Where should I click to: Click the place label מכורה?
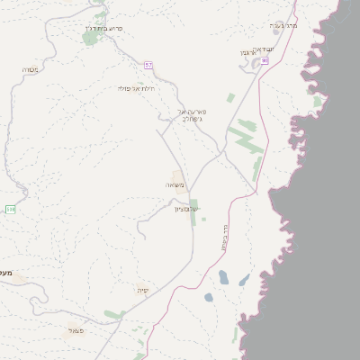[29, 68]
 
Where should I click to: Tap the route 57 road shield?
[148, 65]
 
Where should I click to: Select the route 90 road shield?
[265, 60]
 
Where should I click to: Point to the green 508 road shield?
[10, 209]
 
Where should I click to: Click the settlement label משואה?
[175, 184]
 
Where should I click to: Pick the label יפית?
[142, 290]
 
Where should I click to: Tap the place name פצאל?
[76, 330]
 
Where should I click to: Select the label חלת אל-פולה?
[137, 88]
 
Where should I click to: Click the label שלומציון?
[186, 209]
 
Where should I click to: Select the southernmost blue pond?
[209, 297]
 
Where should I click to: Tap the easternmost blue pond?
[243, 280]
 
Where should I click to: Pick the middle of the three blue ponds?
[223, 277]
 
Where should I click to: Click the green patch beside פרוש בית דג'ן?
[90, 38]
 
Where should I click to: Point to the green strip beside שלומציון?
[193, 212]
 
